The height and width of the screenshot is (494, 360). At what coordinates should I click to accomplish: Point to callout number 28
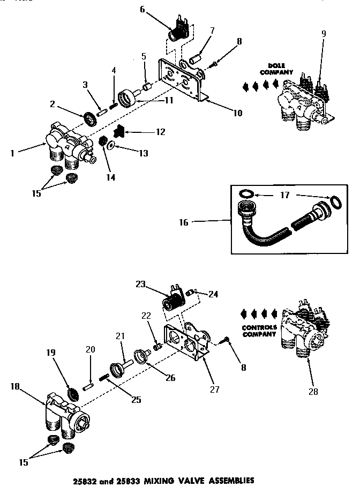click(313, 392)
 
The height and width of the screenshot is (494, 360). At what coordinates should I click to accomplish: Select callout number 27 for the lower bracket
click(215, 390)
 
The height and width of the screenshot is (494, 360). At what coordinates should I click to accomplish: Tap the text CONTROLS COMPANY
click(259, 331)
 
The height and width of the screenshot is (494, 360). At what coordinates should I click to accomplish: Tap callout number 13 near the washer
click(142, 153)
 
